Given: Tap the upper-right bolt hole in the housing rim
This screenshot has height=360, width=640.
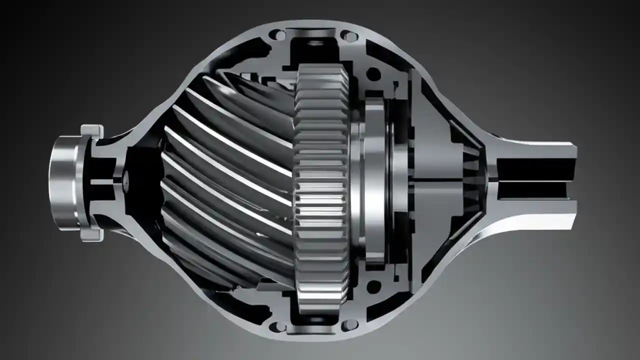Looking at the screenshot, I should click(349, 36).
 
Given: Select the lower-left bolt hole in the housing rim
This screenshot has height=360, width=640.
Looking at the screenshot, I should click(273, 326).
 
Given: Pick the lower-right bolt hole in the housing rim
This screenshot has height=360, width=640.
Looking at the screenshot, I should click(349, 325).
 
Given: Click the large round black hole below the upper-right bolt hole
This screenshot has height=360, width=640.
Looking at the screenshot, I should click(373, 74).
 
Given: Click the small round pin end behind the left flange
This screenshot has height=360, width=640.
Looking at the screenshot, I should click(126, 181).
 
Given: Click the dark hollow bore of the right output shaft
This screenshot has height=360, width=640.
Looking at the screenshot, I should click(535, 181).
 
